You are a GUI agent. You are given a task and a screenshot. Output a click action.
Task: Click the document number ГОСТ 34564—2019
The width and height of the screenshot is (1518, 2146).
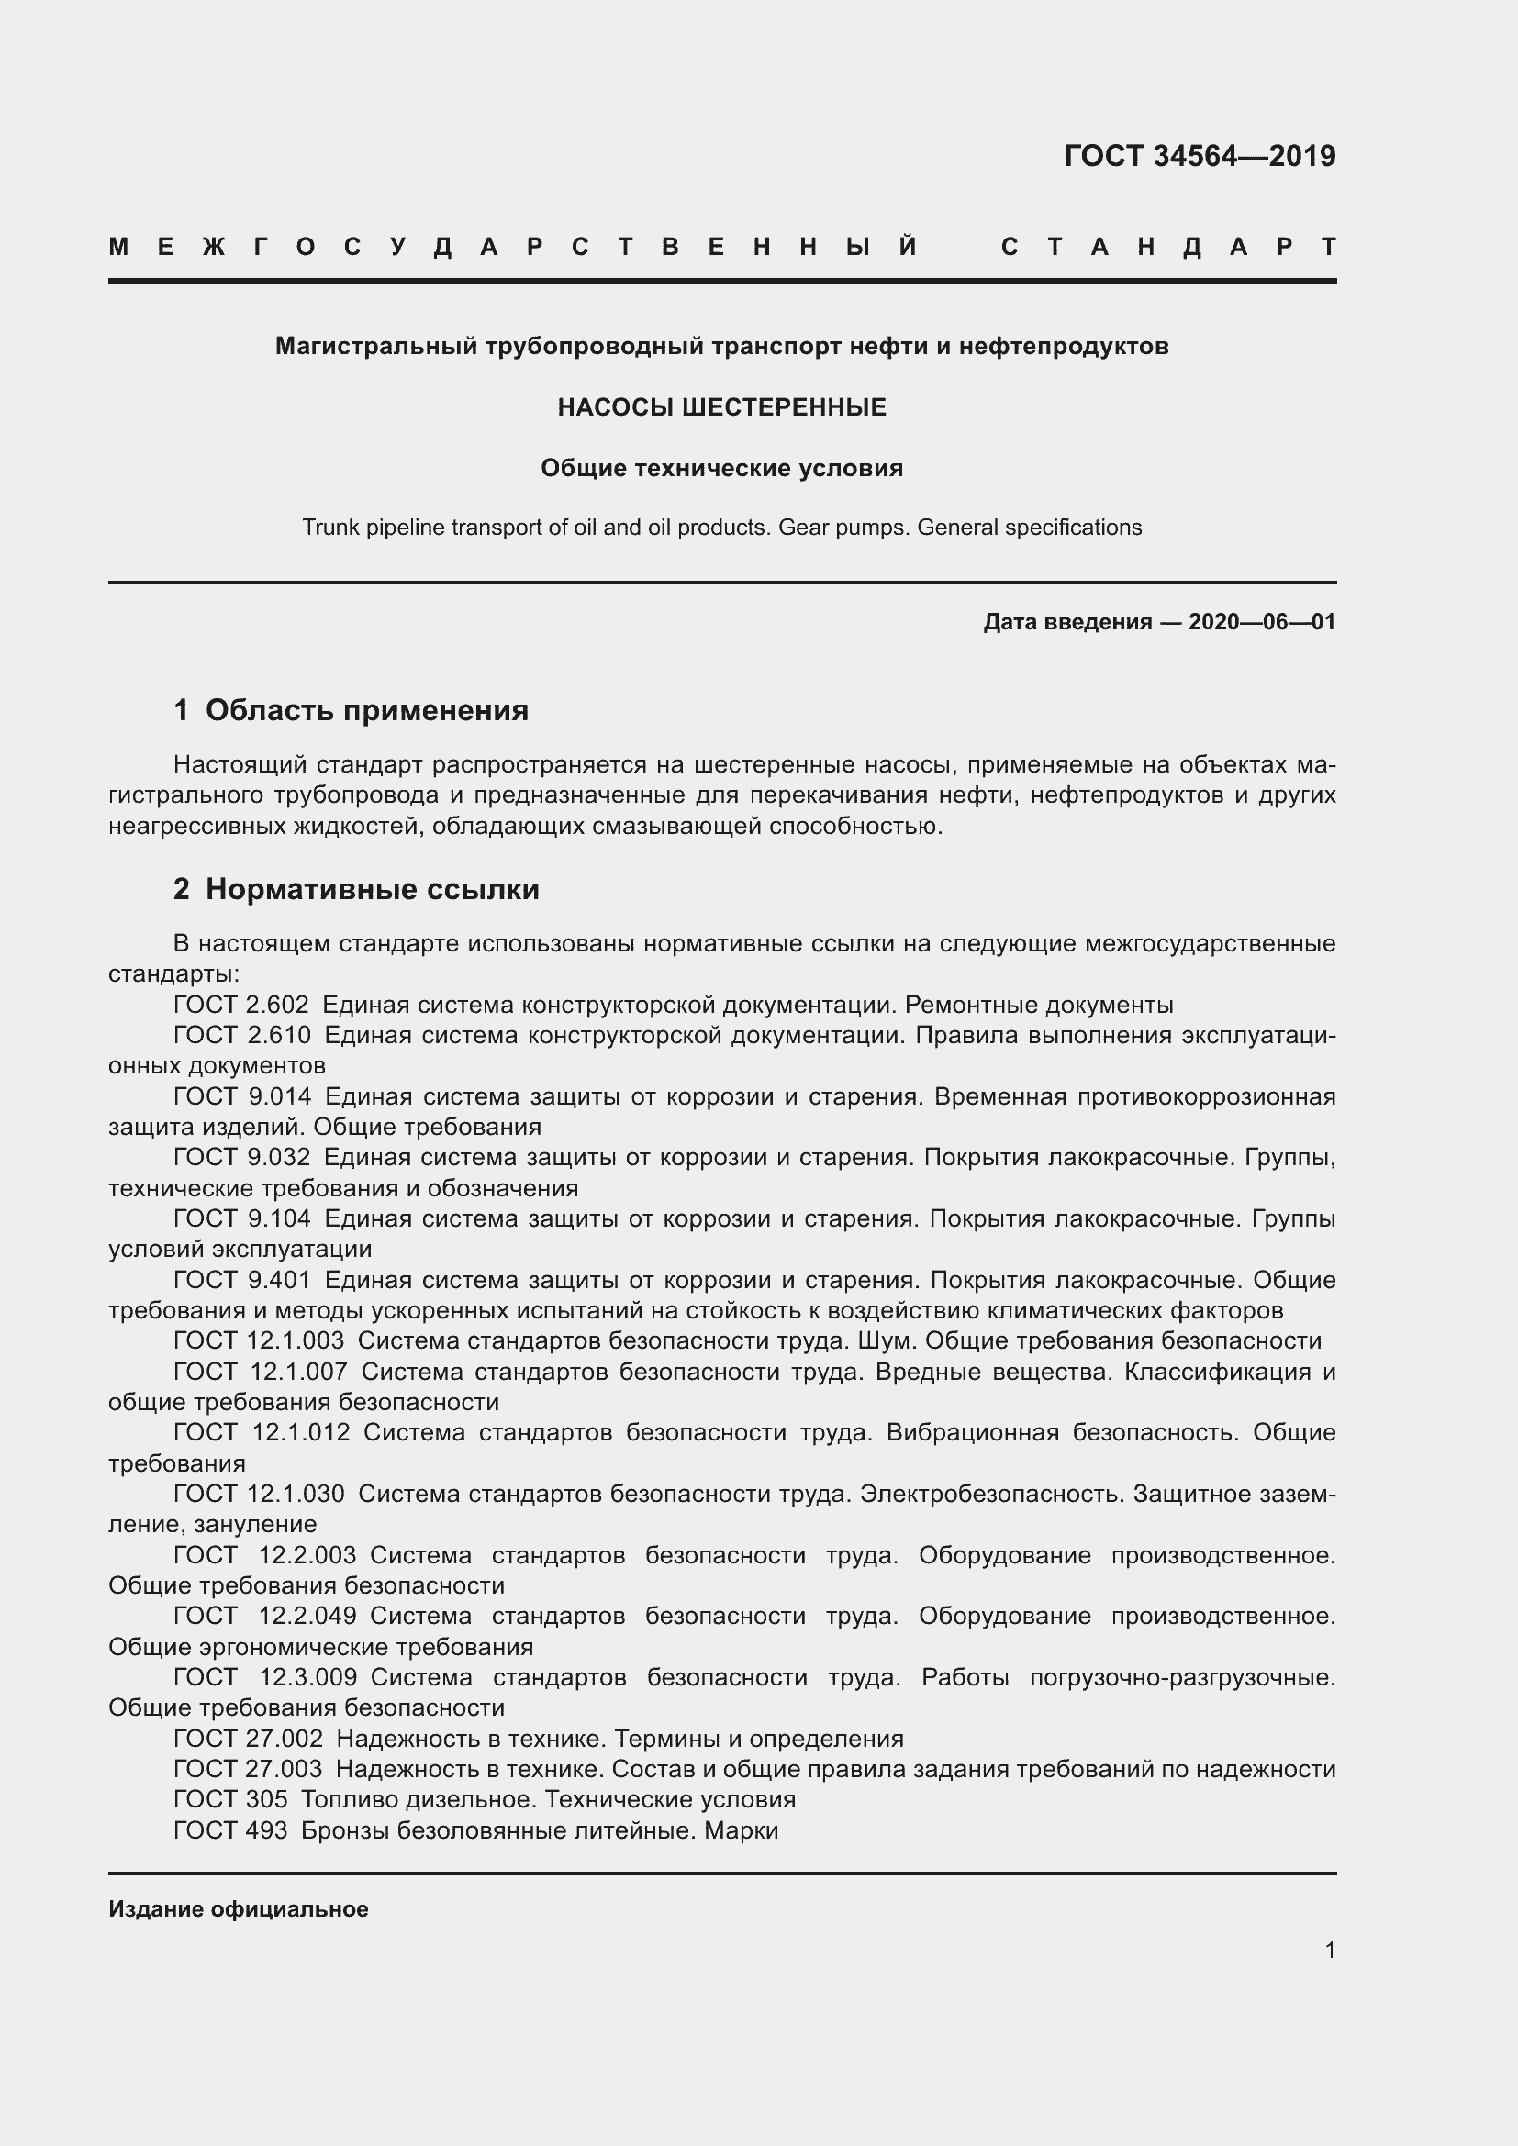click(1200, 156)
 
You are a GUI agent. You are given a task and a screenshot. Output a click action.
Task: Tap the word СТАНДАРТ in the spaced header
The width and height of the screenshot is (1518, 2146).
click(1167, 248)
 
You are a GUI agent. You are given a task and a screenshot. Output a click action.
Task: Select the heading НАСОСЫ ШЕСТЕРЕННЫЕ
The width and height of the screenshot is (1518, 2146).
click(721, 407)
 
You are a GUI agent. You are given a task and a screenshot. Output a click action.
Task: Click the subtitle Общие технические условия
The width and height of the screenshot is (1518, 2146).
click(721, 468)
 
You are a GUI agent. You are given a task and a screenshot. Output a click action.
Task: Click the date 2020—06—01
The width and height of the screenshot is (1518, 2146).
click(1261, 622)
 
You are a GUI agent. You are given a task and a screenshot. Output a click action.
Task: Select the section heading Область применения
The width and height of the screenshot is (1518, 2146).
click(366, 710)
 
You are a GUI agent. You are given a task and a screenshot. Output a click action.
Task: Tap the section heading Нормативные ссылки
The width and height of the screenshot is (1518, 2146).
click(372, 889)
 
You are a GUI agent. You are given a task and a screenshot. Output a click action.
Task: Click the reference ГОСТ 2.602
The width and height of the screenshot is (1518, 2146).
click(241, 1006)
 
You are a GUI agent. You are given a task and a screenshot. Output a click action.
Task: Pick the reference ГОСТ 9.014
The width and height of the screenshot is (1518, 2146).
click(242, 1096)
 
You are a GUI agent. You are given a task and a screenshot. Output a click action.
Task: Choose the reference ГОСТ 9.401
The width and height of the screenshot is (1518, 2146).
click(242, 1280)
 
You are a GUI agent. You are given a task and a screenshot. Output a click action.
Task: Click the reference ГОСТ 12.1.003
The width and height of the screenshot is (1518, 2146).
click(259, 1341)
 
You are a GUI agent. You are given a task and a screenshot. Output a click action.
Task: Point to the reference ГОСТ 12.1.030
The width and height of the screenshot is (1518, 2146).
click(259, 1494)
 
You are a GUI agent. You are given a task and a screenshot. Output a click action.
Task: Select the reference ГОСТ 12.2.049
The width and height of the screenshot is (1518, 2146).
click(264, 1616)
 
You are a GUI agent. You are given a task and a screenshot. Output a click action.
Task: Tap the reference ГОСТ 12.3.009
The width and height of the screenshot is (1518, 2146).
click(265, 1678)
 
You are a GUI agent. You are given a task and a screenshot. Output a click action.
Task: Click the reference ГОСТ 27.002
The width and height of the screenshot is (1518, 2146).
click(248, 1739)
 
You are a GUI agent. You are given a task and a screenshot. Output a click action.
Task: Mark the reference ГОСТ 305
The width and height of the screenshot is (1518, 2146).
click(230, 1799)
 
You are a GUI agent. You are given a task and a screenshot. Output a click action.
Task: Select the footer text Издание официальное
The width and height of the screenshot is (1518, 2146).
click(239, 1909)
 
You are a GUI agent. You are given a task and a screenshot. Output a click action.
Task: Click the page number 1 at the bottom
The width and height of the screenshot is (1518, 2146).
click(1329, 1951)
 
